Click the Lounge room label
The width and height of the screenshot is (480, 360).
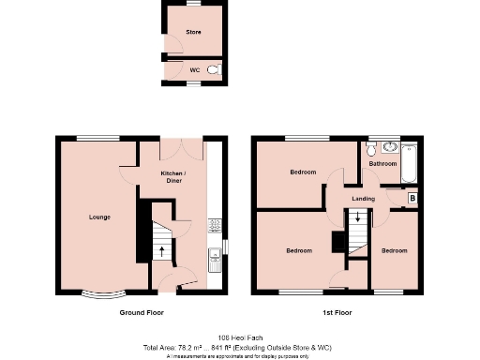(99, 217)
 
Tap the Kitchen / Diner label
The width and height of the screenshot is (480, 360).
(172, 177)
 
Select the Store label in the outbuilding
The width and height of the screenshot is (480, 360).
(193, 32)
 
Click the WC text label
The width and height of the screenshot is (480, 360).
(194, 69)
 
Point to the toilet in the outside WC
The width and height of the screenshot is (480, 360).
(214, 69)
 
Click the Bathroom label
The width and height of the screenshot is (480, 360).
(382, 164)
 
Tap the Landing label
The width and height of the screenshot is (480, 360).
(364, 199)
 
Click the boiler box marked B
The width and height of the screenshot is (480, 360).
(412, 199)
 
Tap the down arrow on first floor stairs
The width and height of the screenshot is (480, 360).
(356, 219)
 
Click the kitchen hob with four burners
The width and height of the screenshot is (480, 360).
(214, 224)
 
